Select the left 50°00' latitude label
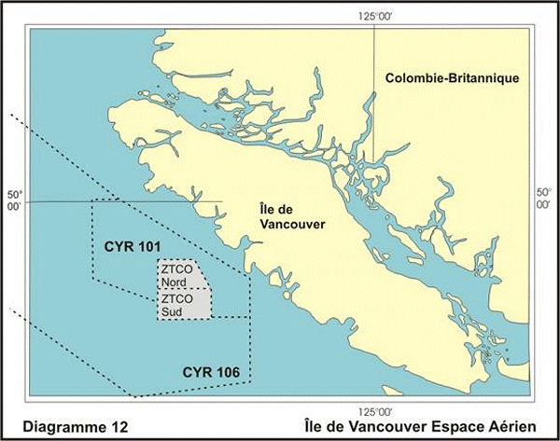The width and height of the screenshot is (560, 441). (x=14, y=203)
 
